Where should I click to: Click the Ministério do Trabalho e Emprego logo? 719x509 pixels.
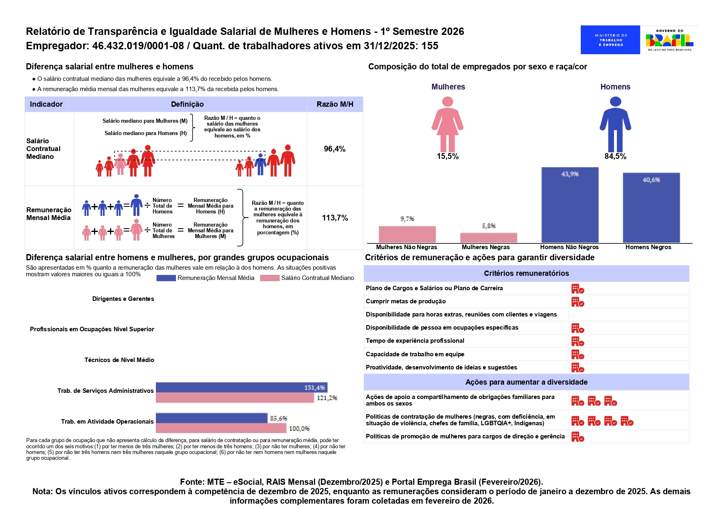(610, 40)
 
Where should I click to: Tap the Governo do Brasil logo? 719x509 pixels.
(669, 40)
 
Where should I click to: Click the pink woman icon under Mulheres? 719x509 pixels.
(447, 124)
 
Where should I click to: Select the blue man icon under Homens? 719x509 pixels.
(615, 124)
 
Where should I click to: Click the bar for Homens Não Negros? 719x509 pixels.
(570, 205)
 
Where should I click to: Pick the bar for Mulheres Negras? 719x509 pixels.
(488, 238)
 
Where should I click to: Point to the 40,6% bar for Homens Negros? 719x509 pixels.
(651, 208)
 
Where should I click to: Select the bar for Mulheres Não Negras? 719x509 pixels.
(407, 234)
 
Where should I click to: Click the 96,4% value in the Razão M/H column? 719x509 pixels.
(335, 149)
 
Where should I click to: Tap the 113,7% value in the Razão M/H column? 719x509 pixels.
(335, 218)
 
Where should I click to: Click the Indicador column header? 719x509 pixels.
(46, 104)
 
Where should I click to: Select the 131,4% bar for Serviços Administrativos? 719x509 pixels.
(242, 387)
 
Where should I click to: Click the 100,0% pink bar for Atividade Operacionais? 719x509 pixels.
(221, 428)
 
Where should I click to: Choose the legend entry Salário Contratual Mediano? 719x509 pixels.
(307, 278)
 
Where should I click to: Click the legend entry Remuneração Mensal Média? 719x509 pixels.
(205, 278)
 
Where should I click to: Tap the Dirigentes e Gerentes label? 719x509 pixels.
(123, 299)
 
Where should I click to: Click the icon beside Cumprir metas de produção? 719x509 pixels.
(577, 302)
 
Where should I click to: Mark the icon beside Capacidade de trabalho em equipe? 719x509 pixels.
(577, 355)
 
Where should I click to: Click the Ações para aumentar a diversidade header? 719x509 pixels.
(526, 382)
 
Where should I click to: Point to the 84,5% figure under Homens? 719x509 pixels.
(615, 156)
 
